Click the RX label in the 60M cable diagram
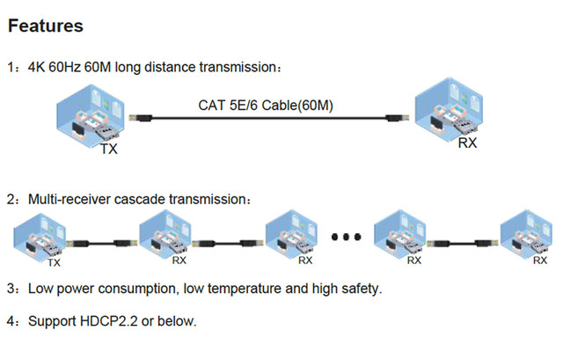(x=468, y=143)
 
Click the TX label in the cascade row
(x=54, y=261)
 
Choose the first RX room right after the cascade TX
(x=168, y=234)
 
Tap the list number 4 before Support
(x=11, y=321)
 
